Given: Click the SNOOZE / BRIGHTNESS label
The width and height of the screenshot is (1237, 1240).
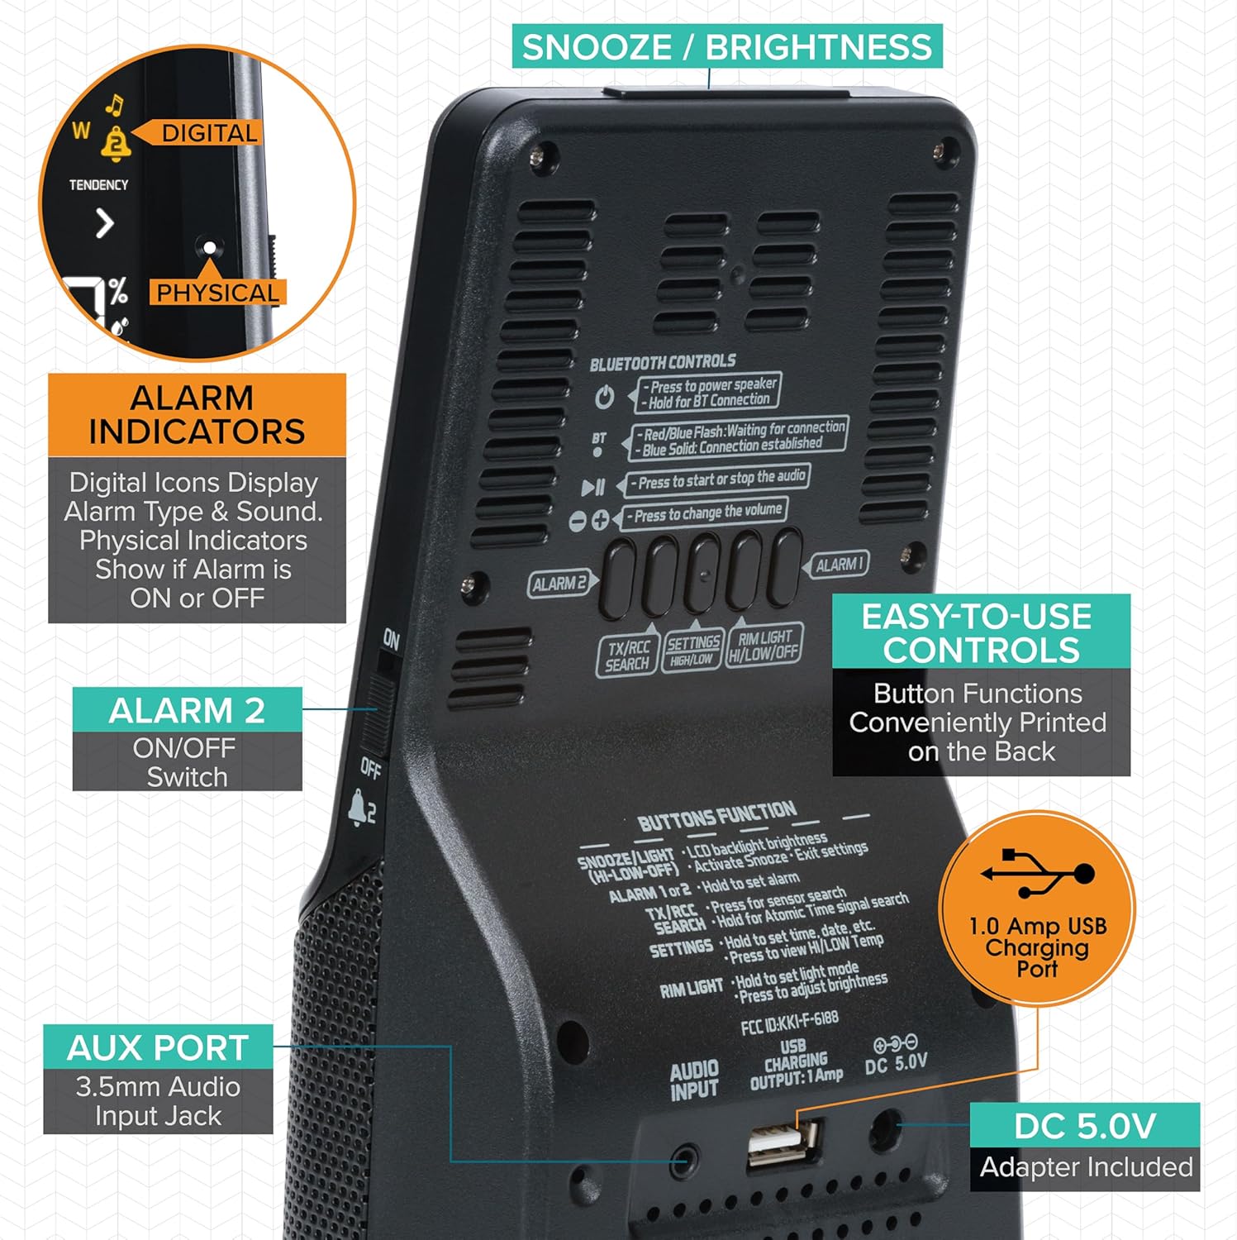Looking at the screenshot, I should click(x=726, y=46).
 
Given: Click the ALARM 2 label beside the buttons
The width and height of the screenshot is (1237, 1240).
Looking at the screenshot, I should click(x=559, y=584).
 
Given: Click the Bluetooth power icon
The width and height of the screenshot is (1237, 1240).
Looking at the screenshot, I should click(x=605, y=398).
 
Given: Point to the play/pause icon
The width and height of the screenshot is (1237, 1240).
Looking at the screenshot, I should click(x=592, y=488).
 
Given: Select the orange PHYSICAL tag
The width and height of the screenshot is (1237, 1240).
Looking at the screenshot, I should click(x=217, y=293).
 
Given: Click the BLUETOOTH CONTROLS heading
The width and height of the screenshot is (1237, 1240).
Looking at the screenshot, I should click(x=662, y=363).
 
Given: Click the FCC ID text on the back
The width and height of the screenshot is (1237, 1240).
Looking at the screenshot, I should click(x=789, y=1023).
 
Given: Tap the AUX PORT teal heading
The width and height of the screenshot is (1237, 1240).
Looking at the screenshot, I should click(x=158, y=1047).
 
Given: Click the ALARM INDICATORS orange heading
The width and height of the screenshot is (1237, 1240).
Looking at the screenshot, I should click(x=197, y=415).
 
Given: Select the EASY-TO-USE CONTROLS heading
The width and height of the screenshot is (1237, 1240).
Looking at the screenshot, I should click(x=980, y=632).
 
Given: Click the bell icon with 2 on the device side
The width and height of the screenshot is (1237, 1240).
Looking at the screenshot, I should click(x=362, y=807).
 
